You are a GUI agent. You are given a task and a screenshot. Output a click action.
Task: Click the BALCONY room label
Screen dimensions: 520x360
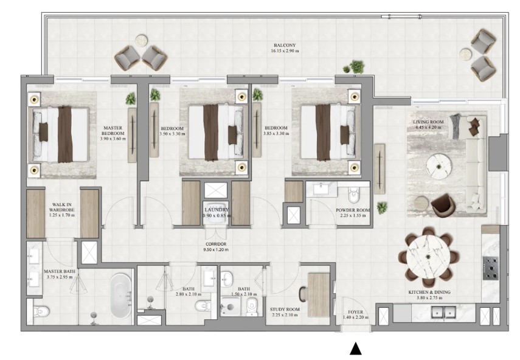click(x=285, y=45)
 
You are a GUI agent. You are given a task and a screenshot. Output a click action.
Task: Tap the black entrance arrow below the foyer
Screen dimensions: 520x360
click(x=356, y=348)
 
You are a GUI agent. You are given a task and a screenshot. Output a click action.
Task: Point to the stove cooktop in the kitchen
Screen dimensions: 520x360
click(x=490, y=268)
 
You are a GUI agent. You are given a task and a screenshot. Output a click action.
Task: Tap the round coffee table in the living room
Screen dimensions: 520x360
click(x=439, y=167)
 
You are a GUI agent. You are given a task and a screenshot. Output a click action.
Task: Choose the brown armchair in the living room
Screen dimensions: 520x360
click(x=443, y=206)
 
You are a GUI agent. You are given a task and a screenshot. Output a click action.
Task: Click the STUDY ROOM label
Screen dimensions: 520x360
click(x=285, y=310)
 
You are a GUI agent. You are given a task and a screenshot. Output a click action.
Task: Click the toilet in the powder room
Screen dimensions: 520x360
click(x=353, y=195)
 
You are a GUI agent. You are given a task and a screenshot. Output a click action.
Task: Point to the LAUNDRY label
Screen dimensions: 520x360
click(x=217, y=210)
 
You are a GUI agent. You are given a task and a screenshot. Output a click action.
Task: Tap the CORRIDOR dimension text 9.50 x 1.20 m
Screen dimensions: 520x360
click(x=216, y=249)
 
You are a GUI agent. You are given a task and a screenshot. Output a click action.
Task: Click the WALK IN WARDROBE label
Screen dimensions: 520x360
click(x=61, y=207)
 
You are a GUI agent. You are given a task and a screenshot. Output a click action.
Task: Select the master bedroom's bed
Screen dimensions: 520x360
click(x=61, y=134)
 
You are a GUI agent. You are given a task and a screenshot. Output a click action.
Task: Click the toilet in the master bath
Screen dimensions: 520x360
click(x=41, y=311)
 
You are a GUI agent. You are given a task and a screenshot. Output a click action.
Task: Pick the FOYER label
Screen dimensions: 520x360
click(x=356, y=312)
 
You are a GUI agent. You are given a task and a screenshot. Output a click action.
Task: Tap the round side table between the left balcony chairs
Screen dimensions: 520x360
click(x=141, y=40)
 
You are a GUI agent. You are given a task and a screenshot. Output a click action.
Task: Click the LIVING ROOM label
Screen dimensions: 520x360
click(x=428, y=122)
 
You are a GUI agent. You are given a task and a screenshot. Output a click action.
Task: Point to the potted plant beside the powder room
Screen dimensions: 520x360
click(x=382, y=207)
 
